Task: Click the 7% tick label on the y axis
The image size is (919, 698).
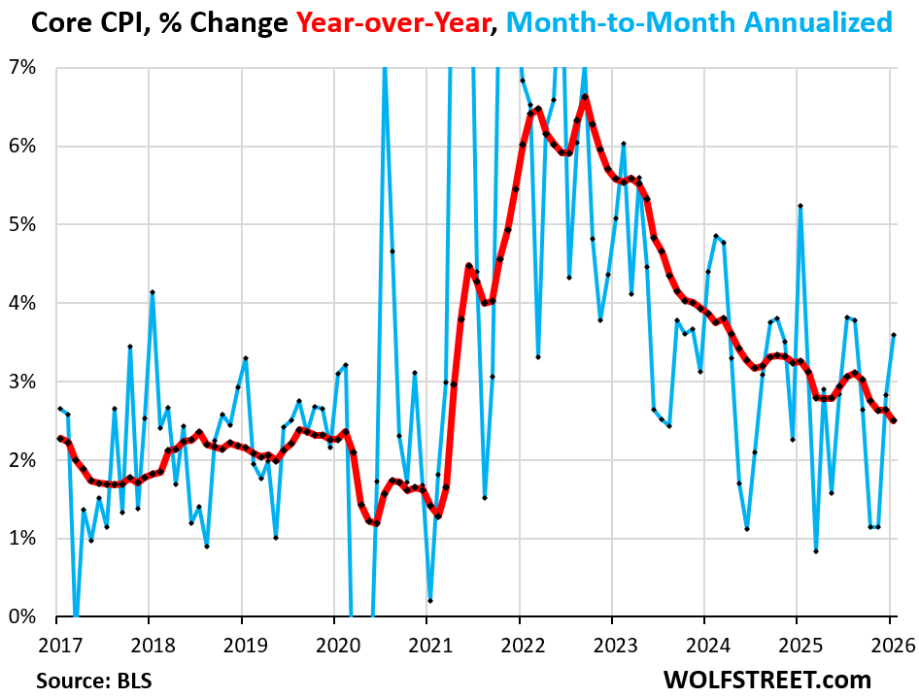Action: [24, 68]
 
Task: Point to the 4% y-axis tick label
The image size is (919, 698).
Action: [24, 304]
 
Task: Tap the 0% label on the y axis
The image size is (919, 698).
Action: [24, 617]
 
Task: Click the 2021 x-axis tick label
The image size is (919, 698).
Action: [427, 645]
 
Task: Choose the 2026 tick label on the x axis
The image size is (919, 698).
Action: [891, 645]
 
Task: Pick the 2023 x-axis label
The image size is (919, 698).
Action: [613, 645]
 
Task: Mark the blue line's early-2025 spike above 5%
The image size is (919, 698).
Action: [800, 206]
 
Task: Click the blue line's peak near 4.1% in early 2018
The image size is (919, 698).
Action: [153, 292]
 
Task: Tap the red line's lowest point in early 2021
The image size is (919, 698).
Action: [438, 515]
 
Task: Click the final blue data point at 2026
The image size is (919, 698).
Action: [894, 335]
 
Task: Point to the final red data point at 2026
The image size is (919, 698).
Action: [894, 420]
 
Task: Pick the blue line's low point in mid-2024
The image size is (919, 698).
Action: [746, 529]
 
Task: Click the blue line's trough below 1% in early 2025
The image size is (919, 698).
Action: [815, 551]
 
